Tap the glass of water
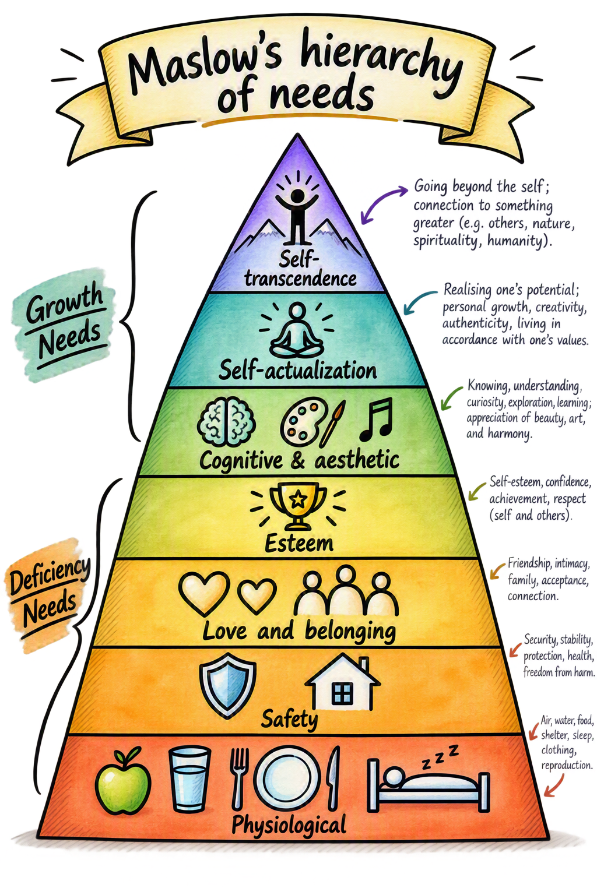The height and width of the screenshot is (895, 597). [x=189, y=778]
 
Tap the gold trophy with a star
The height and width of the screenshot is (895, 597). [x=298, y=505]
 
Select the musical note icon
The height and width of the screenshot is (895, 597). [x=376, y=418]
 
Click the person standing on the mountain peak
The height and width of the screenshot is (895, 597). [x=297, y=216]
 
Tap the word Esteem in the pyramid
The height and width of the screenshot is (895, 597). [x=298, y=544]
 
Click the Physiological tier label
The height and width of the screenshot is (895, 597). [x=289, y=824]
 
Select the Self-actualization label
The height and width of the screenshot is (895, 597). [x=297, y=370]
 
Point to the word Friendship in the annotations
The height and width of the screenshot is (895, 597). [x=528, y=564]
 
